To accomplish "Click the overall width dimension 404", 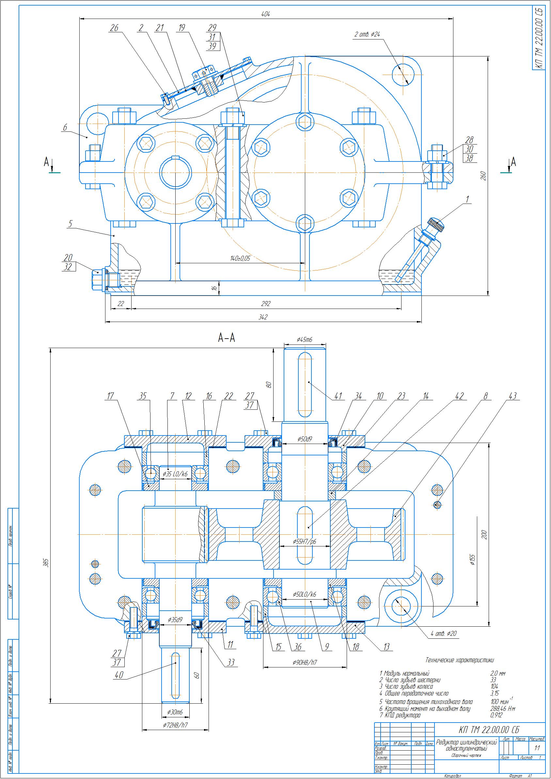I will [x=265, y=14].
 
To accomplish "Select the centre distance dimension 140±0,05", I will [x=240, y=259].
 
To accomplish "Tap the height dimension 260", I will [x=484, y=176].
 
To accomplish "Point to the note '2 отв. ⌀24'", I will [x=367, y=34].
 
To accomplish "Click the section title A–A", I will [x=227, y=338].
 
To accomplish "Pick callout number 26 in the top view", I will [x=114, y=28].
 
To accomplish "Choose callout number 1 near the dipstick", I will [x=467, y=200].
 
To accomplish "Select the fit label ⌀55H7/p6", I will [x=305, y=542].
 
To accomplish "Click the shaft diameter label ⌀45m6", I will [x=305, y=339].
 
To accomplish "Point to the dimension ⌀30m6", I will [x=175, y=712].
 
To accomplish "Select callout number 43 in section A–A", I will [x=512, y=396].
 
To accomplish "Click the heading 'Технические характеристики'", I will [x=459, y=660].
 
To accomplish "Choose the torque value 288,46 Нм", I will [x=503, y=708].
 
